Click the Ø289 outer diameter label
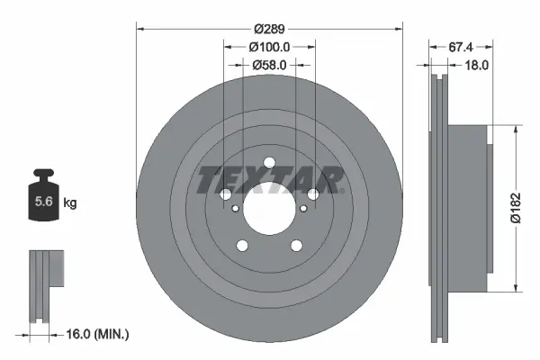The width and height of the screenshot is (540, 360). point(269,27)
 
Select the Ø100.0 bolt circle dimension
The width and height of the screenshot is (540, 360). point(269,46)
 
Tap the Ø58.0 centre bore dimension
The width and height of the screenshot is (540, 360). point(269,65)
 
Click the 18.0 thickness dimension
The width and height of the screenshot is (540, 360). point(476,65)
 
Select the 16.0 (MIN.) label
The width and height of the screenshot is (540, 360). point(100,335)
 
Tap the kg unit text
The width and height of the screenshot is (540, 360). point(69,203)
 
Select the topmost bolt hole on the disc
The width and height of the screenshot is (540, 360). point(268,163)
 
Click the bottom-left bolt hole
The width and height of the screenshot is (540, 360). point(241,247)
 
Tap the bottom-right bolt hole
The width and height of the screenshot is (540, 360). point(296,247)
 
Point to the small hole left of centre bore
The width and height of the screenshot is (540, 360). point(235,209)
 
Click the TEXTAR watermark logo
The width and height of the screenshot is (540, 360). point(269,180)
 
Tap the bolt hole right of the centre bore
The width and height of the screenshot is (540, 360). point(313,194)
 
